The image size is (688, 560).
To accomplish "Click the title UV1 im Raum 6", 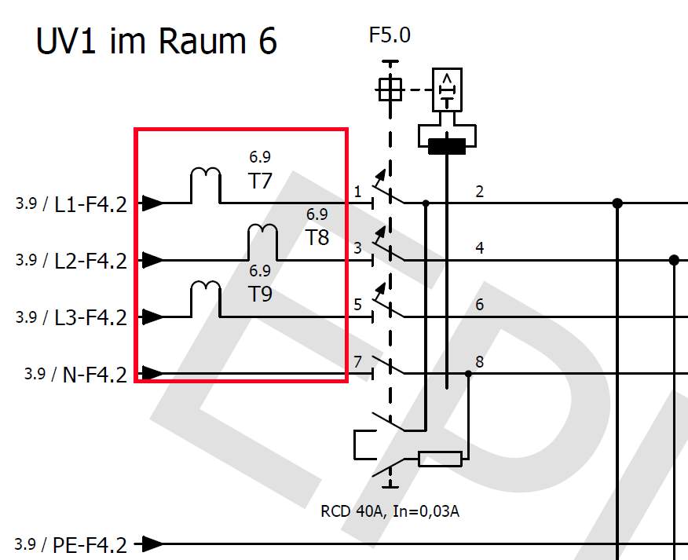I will pos(156,40).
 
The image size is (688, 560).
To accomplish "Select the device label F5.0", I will pos(390,35).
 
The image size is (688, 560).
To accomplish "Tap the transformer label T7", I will pos(260,181).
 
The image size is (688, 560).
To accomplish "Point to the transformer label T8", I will pos(317,237).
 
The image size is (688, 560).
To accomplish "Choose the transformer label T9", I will pos(260,294).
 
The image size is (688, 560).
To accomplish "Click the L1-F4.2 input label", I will pos(90,205).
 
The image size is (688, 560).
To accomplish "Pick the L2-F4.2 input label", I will pos(90,262).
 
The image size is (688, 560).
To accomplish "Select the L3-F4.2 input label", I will pos(90,318).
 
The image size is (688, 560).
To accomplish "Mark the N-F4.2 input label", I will pos(94,375).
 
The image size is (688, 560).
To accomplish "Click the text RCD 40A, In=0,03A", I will pos(390,511).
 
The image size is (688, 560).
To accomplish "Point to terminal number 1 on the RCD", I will pos(357,192).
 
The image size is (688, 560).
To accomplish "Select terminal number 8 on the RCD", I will pos(479,361).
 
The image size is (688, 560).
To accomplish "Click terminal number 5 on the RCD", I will pos(357,305).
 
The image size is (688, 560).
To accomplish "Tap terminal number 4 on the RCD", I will pos(479,248).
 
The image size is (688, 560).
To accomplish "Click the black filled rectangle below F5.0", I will pos(446,145).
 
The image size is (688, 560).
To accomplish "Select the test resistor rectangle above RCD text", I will pos(440,459).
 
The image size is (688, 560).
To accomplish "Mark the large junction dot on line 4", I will pos(673,260).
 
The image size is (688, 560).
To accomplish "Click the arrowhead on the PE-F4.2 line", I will pos(152,544).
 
